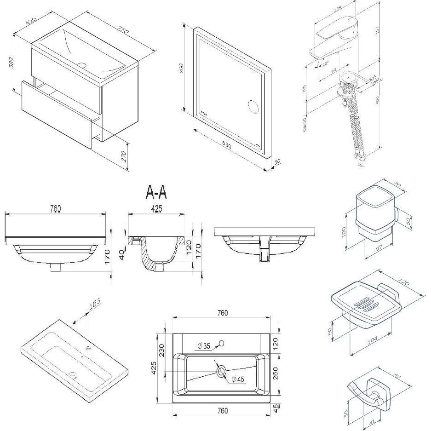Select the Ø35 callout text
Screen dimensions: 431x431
[204, 345]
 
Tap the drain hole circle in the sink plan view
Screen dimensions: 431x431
[221, 371]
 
